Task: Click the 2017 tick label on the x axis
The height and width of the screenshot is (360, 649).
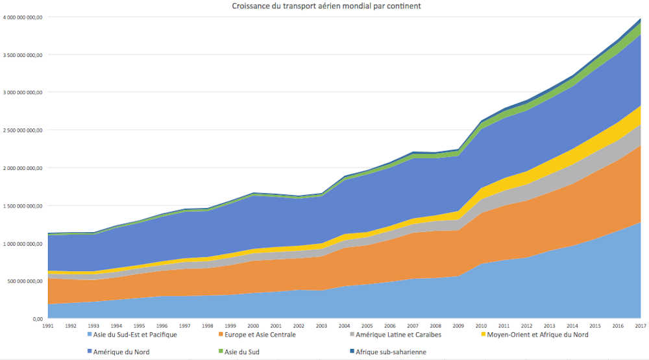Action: click(640, 325)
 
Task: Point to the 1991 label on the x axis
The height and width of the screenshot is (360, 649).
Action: click(48, 325)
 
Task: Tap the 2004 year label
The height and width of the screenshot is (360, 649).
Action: click(344, 325)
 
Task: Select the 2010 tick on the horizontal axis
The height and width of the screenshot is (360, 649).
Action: click(481, 325)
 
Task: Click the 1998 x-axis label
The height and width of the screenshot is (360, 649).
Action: click(208, 325)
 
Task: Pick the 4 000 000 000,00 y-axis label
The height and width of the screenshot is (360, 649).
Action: click(23, 18)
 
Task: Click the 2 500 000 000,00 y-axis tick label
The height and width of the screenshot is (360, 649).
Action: click(23, 130)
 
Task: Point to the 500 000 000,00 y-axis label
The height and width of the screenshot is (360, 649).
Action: click(25, 282)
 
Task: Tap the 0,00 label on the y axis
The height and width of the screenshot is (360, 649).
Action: click(37, 319)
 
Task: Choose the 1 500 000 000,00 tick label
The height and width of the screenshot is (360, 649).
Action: click(23, 206)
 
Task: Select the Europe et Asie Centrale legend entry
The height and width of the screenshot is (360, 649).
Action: click(262, 335)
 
